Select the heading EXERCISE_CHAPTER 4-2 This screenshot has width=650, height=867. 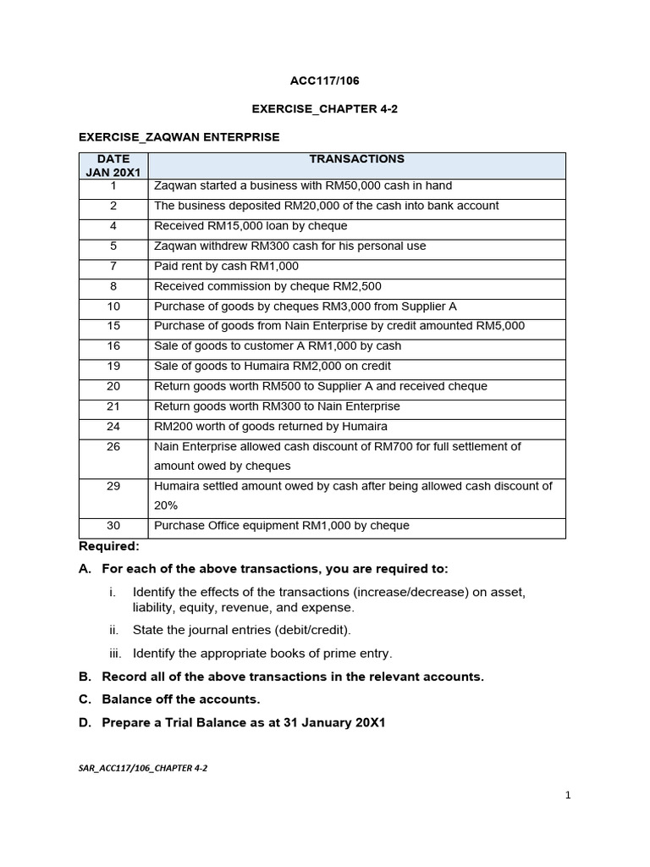pyautogui.click(x=324, y=109)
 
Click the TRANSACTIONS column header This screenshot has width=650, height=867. pyautogui.click(x=356, y=159)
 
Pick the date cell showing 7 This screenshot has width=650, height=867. pyautogui.click(x=113, y=267)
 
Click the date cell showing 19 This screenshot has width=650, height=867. pyautogui.click(x=113, y=367)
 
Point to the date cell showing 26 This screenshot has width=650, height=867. pyautogui.click(x=113, y=447)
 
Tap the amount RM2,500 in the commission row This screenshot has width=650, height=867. pyautogui.click(x=361, y=287)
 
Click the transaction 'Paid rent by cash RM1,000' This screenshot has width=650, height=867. pyautogui.click(x=226, y=267)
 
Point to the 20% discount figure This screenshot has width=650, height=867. pyautogui.click(x=166, y=505)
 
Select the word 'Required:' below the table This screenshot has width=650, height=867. pyautogui.click(x=108, y=546)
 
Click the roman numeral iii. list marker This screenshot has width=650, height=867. pyautogui.click(x=116, y=654)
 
